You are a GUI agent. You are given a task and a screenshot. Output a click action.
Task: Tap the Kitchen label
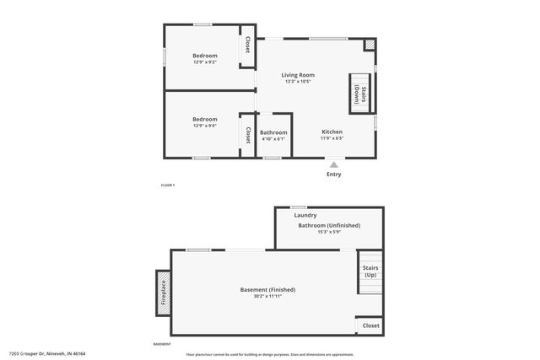(x=332, y=132)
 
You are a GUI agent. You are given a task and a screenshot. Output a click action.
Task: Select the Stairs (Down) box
(x=359, y=93)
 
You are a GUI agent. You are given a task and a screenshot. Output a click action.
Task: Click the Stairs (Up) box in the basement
(x=370, y=271)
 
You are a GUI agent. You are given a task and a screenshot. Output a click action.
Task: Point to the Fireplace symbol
(x=163, y=293)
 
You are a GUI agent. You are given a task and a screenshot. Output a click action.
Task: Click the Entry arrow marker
(x=334, y=164)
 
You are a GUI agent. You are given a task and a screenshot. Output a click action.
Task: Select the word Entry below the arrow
(x=334, y=175)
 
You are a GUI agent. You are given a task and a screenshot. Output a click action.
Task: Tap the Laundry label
(x=305, y=216)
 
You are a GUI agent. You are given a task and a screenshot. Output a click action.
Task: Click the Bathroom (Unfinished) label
(x=328, y=225)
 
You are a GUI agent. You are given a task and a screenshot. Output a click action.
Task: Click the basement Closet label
(x=370, y=325)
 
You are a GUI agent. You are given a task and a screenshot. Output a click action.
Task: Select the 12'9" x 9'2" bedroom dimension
(x=204, y=62)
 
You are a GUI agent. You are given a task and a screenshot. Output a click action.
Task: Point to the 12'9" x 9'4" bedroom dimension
(x=204, y=126)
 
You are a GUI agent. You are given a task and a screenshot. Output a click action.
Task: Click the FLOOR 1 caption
(x=168, y=185)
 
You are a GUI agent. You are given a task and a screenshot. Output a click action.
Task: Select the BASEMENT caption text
(x=162, y=344)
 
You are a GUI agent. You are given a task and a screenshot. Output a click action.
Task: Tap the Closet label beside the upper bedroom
(x=247, y=45)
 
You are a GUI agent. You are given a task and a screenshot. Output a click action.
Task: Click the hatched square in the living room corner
(x=369, y=45)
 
